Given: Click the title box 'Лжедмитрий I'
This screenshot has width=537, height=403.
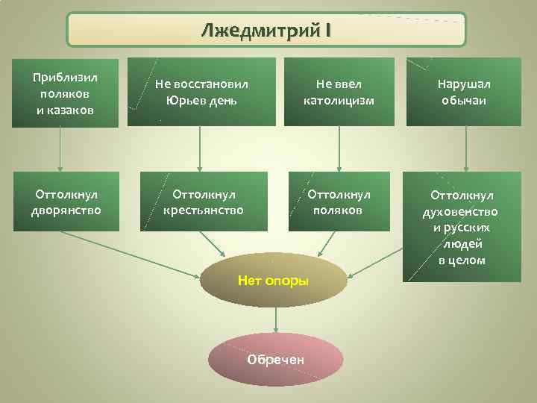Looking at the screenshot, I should [x=266, y=30].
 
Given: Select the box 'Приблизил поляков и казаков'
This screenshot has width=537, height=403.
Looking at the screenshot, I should [x=65, y=93].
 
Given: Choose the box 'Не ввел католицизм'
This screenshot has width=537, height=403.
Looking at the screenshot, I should [x=339, y=92].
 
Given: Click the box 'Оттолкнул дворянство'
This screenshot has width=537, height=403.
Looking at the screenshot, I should [x=65, y=202].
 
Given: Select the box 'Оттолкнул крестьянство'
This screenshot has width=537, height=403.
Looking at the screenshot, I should [x=204, y=202].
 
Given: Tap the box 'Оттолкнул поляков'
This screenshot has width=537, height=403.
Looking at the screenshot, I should [x=339, y=202].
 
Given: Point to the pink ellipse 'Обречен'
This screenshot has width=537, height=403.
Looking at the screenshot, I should [x=276, y=359].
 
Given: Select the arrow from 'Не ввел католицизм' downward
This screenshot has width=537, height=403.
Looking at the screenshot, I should [x=339, y=149].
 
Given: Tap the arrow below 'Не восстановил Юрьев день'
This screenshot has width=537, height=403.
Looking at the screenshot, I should [x=199, y=149].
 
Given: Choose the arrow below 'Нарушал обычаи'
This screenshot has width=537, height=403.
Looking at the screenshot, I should [x=466, y=149].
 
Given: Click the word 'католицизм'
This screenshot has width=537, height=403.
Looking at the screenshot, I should [x=339, y=100].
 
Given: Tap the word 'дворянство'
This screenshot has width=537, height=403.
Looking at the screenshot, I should [x=65, y=210].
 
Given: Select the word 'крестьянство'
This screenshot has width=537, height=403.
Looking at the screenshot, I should [x=204, y=210].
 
